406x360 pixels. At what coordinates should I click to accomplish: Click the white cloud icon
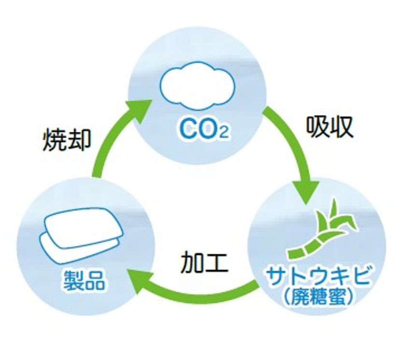(x=198, y=85)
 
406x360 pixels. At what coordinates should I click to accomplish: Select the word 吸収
(x=330, y=127)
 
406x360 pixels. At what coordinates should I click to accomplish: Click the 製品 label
(x=85, y=280)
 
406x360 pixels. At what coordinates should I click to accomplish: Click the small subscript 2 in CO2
(x=224, y=134)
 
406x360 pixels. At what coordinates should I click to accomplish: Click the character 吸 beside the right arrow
(x=318, y=127)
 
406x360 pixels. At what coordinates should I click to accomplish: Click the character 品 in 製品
(x=95, y=281)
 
